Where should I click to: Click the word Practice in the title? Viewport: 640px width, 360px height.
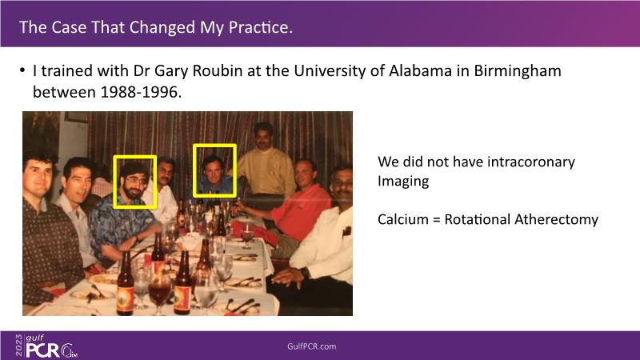pos(261,27)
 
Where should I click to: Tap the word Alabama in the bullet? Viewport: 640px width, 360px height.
pos(420,70)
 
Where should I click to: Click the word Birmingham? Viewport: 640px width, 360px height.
pos(517,71)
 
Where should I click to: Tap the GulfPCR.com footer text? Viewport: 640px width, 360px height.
pos(311,346)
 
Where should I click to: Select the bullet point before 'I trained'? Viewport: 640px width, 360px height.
pos(22,70)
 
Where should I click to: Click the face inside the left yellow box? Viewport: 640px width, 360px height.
pos(134,182)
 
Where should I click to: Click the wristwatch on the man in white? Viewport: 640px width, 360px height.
pos(305,272)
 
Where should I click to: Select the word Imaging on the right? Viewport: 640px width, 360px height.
pos(403,182)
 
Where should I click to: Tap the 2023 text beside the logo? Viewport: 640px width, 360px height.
pos(18,346)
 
